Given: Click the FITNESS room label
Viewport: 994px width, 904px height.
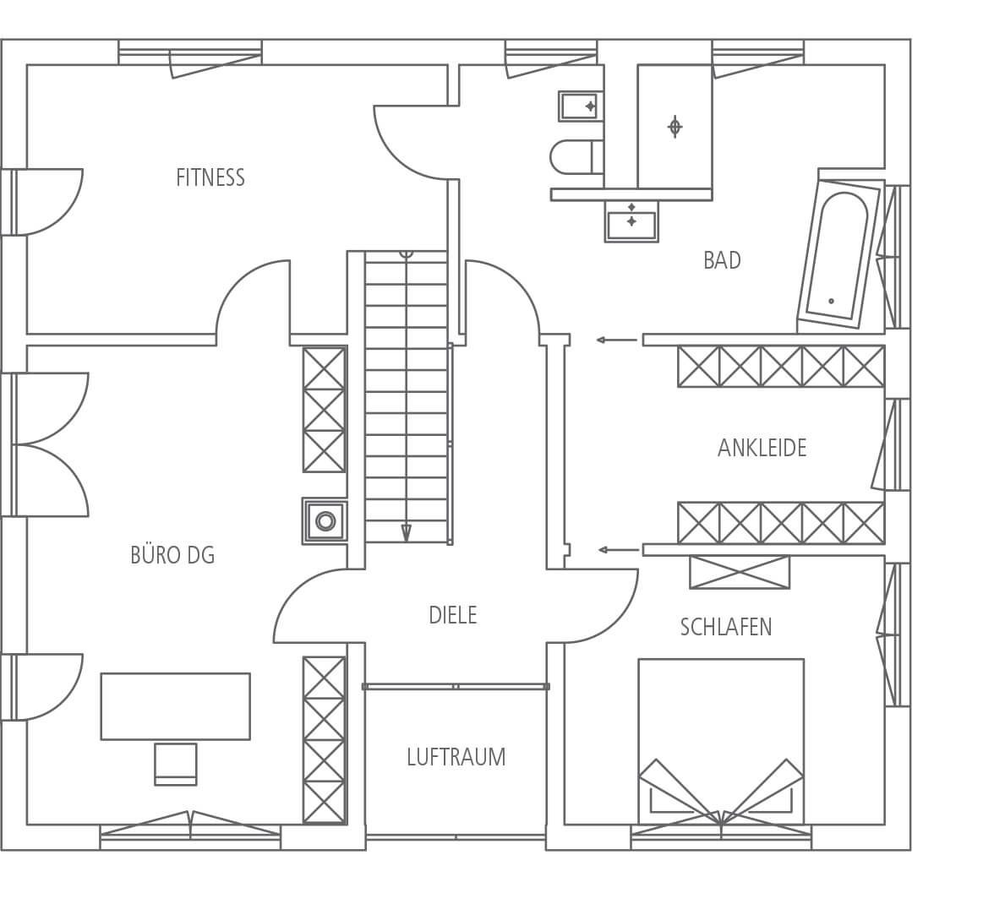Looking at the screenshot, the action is point(210,177).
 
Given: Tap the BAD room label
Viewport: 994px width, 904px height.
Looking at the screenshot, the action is point(722,260).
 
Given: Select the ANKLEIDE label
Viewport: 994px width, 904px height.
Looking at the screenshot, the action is point(762,448).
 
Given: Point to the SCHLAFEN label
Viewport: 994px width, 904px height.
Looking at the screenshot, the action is point(726,627).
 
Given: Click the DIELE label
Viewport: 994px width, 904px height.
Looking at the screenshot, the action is point(453,615).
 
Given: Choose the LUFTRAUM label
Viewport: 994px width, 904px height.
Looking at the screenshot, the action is point(456,757).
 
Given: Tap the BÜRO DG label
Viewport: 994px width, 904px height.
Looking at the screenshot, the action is point(172,555).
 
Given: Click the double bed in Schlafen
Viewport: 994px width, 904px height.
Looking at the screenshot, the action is point(722,742).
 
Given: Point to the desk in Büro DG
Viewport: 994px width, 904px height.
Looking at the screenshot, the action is point(176,706).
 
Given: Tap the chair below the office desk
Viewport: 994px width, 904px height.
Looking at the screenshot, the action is point(176,764).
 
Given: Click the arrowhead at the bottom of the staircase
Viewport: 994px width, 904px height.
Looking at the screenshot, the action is point(407,533).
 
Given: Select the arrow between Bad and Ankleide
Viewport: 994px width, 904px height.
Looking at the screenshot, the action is point(617,340).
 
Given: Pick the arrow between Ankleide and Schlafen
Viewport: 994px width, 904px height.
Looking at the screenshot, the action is point(619,550).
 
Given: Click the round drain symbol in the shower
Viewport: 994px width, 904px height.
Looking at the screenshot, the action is point(675,127).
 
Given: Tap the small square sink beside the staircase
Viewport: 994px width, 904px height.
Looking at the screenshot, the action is point(325,520).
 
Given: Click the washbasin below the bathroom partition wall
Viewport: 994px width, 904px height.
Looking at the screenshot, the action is point(631,221).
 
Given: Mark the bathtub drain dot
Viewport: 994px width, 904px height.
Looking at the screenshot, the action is point(831,301).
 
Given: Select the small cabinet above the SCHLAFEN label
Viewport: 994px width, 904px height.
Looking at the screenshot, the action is point(740,572).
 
